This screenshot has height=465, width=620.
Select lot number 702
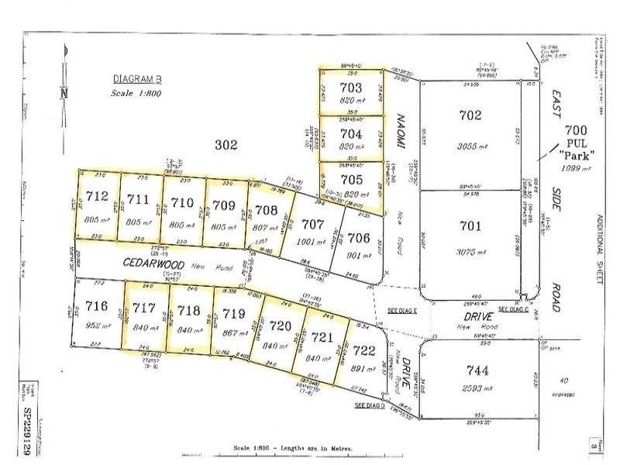click(x=470, y=115)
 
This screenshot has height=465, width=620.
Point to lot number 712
click(x=98, y=196)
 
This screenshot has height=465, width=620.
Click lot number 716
click(x=90, y=308)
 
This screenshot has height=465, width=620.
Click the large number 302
click(x=226, y=144)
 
